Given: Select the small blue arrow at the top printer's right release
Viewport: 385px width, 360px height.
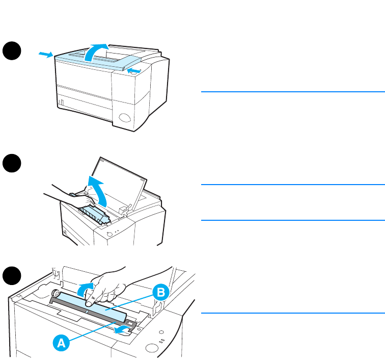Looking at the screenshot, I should (134, 70).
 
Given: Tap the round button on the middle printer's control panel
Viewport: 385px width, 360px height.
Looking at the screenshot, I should (108, 235).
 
